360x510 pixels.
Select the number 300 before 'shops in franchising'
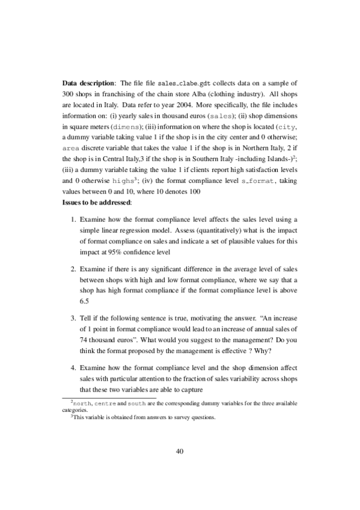pos(69,95)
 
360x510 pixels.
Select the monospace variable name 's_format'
pos(261,180)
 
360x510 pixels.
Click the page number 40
pos(180,451)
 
